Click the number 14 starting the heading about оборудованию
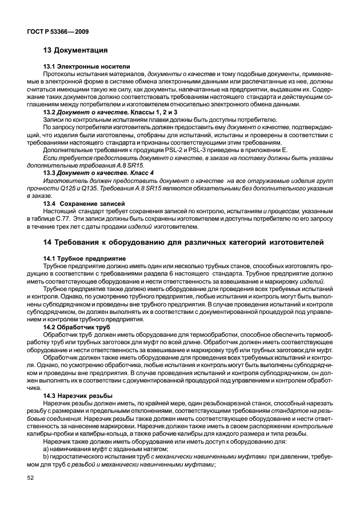click(x=48, y=243)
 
